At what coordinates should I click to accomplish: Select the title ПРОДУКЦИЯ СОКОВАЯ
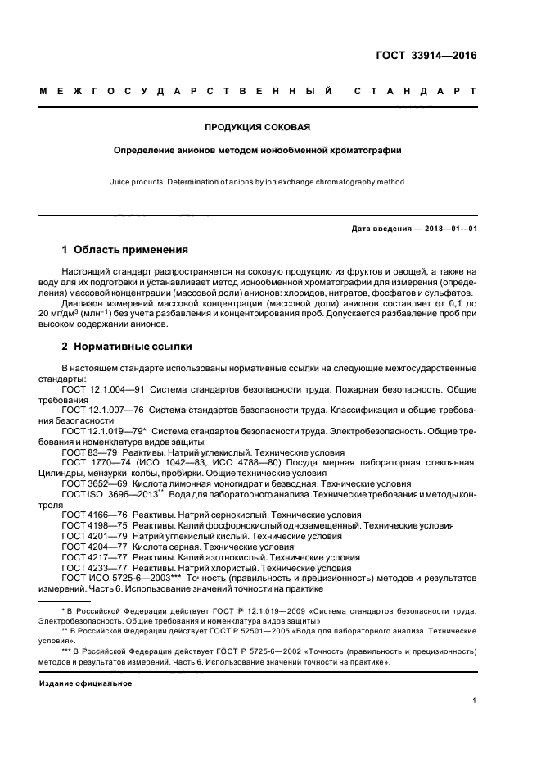click(x=257, y=127)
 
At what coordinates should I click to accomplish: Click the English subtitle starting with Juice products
click(x=257, y=182)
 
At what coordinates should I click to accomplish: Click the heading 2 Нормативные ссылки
click(x=124, y=346)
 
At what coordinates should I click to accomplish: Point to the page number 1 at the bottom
click(x=475, y=701)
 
